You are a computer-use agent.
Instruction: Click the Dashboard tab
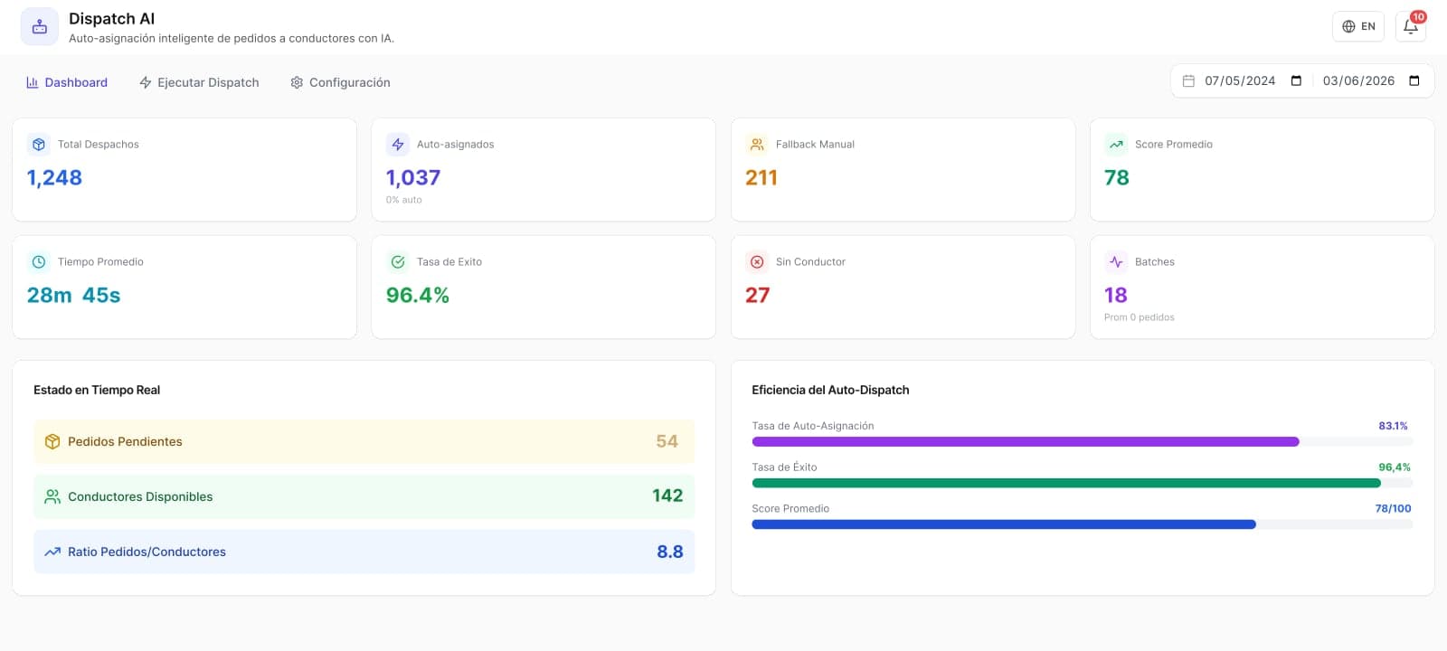pyautogui.click(x=67, y=82)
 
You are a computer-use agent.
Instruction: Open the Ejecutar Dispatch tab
pyautogui.click(x=199, y=82)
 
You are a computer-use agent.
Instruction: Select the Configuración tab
pyautogui.click(x=340, y=82)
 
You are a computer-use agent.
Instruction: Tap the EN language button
pyautogui.click(x=1357, y=26)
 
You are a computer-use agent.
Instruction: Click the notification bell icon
pyautogui.click(x=1410, y=27)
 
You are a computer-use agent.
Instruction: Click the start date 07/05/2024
pyautogui.click(x=1240, y=80)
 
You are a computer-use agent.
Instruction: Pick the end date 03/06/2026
pyautogui.click(x=1358, y=80)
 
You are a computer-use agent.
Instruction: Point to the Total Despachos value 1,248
pyautogui.click(x=54, y=177)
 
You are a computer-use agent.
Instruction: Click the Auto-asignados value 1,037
pyautogui.click(x=413, y=177)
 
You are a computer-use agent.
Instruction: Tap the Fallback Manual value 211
pyautogui.click(x=761, y=177)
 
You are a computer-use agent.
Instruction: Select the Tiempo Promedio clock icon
pyautogui.click(x=39, y=261)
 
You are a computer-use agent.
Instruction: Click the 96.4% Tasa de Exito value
pyautogui.click(x=417, y=295)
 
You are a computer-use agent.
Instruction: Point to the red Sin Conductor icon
pyautogui.click(x=757, y=261)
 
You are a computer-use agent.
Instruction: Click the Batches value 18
pyautogui.click(x=1116, y=295)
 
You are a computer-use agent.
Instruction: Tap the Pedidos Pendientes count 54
pyautogui.click(x=667, y=441)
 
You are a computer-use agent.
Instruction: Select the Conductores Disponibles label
pyautogui.click(x=140, y=496)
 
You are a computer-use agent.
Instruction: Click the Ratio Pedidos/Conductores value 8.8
pyautogui.click(x=670, y=552)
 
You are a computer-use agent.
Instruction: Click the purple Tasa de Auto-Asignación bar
pyautogui.click(x=1026, y=442)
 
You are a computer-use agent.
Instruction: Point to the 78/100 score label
pyautogui.click(x=1393, y=509)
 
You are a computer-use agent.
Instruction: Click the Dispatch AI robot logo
pyautogui.click(x=40, y=26)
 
